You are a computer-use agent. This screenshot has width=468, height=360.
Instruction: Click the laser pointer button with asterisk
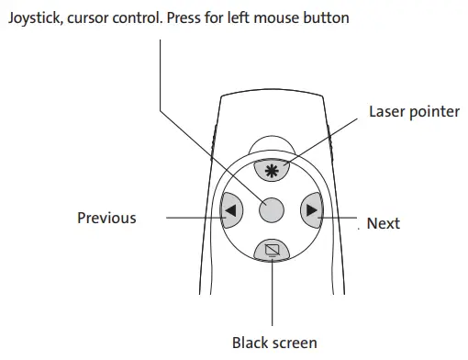[x=271, y=171]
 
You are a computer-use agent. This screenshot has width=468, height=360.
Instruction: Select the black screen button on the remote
[x=271, y=249]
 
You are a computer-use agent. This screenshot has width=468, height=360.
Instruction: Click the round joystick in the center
[x=271, y=210]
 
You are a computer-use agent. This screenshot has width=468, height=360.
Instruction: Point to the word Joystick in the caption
[x=32, y=17]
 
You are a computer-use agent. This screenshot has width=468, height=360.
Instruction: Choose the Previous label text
[x=106, y=219]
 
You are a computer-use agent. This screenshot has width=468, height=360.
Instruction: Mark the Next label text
[x=383, y=223]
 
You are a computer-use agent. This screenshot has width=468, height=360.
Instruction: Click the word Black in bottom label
[x=250, y=343]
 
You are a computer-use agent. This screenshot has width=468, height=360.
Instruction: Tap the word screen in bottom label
[x=295, y=343]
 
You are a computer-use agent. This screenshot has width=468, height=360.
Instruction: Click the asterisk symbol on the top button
[x=271, y=171]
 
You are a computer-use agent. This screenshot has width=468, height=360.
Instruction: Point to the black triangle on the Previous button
[x=229, y=210]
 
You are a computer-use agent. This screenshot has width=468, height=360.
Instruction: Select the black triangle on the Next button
[x=312, y=210]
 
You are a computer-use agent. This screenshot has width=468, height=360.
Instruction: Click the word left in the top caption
[x=245, y=17]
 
